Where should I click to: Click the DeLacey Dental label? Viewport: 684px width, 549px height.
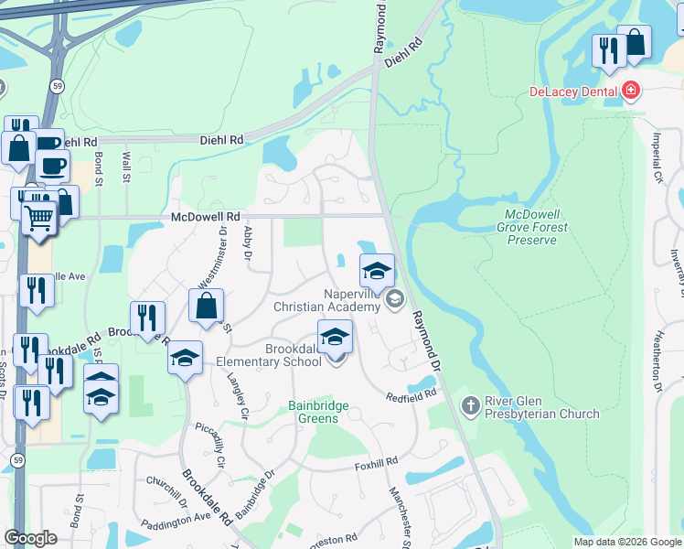573,91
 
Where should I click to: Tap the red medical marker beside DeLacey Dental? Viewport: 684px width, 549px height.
630,91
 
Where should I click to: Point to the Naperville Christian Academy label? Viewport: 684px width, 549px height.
326,300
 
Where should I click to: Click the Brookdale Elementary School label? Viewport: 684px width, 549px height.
294,355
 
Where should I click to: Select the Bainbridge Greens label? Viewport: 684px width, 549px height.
314,412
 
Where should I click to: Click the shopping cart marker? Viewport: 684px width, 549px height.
38,219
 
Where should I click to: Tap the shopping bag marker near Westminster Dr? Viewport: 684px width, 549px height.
207,305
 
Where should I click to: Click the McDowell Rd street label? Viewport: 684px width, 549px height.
205,217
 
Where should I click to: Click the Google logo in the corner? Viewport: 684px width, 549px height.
30,538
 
